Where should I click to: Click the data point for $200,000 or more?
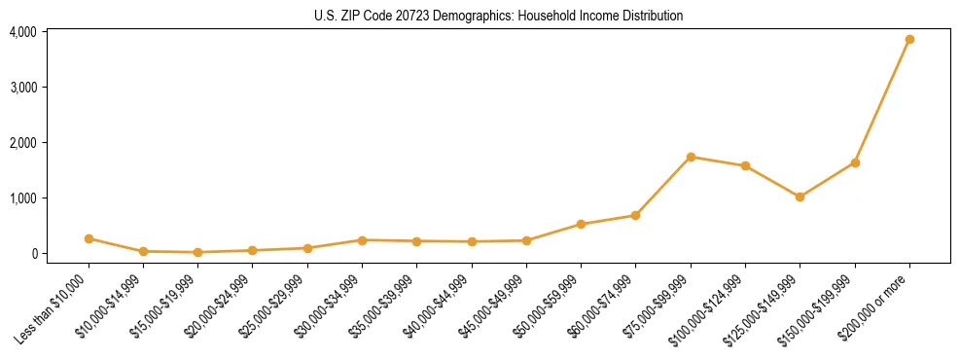909,40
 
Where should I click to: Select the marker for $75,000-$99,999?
691,157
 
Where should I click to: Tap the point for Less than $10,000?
89,238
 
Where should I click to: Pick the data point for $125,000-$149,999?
800,197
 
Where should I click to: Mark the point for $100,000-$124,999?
745,165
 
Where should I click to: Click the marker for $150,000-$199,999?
855,162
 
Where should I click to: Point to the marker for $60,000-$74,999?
635,215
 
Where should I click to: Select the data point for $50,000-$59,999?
581,224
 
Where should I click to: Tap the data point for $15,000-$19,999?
198,252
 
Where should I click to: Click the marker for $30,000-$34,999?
362,240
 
